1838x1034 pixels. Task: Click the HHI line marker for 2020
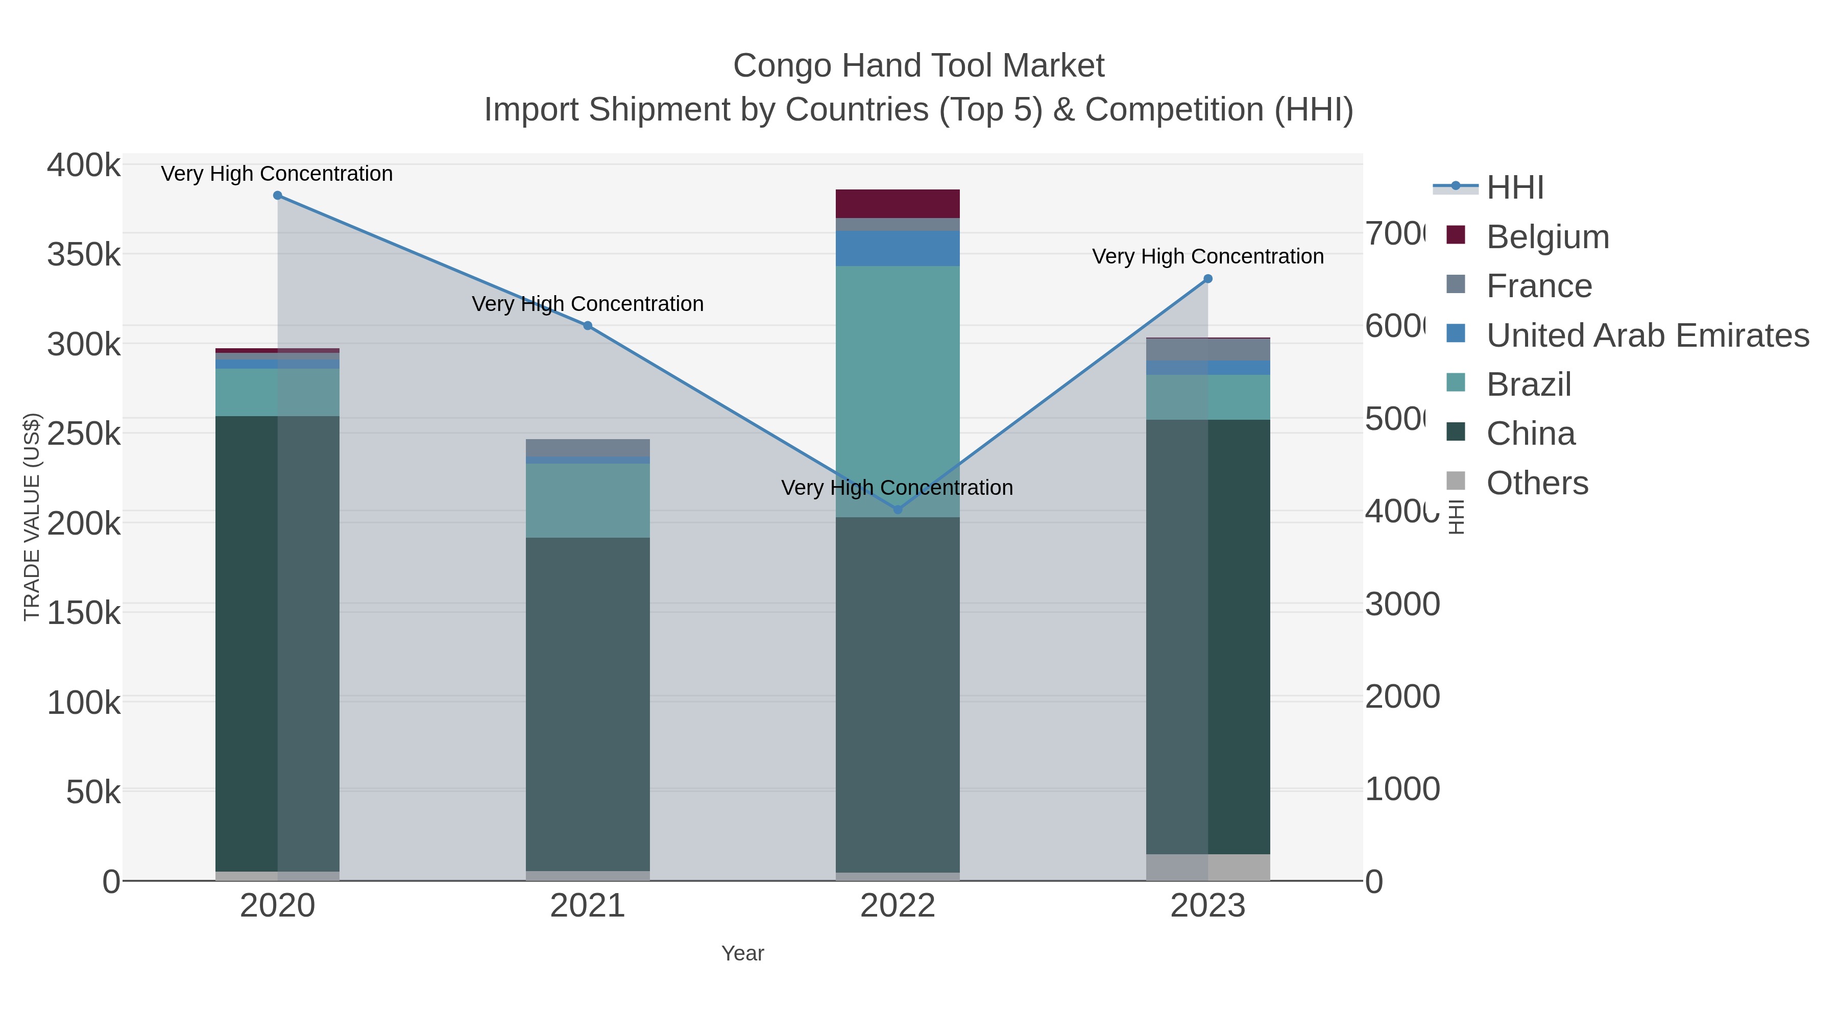click(x=278, y=196)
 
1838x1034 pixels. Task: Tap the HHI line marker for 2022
click(x=898, y=510)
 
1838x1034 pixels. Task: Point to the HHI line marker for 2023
click(x=1208, y=279)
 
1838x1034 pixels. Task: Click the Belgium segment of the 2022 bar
click(x=898, y=204)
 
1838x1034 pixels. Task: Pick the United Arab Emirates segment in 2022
click(x=898, y=248)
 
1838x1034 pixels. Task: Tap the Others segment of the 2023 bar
click(x=1208, y=868)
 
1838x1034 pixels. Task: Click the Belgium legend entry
click(x=1547, y=237)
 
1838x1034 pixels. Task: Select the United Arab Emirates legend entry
click(x=1647, y=335)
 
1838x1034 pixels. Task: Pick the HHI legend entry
click(x=1515, y=188)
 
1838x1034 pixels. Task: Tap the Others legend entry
click(x=1537, y=483)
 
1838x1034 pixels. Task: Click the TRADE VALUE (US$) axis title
click(x=32, y=517)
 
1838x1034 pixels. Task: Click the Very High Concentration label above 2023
click(x=1208, y=256)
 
